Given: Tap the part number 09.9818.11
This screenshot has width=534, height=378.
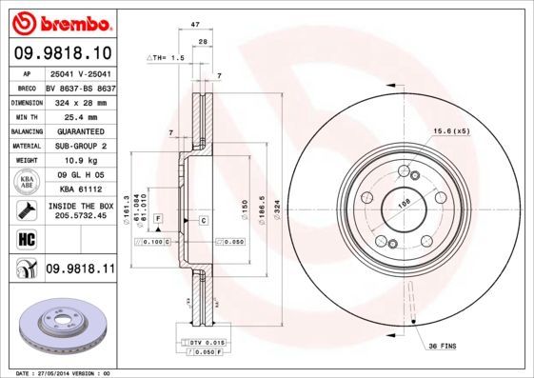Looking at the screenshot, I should pos(79,269).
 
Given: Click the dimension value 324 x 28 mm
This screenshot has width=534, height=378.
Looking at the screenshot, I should pos(78,100).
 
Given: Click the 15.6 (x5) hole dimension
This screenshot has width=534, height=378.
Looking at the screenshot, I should pos(451,130).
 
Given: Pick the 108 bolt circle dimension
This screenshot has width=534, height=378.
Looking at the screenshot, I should pos(403,202).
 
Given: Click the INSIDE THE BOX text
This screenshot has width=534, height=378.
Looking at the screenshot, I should pos(80,206).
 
